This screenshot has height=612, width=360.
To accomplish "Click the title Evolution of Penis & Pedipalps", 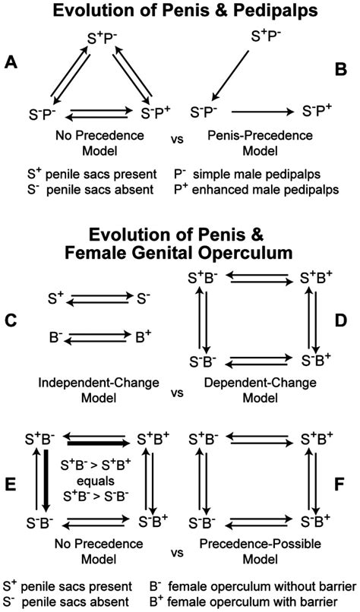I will click(179, 11).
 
